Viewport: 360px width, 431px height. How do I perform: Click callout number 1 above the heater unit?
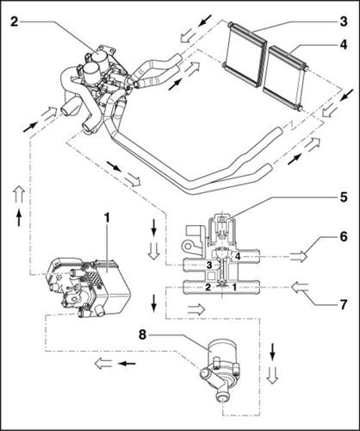[x=107, y=218]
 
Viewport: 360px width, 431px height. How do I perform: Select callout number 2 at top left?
[x=15, y=22]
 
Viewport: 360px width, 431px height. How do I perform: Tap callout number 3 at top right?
[x=344, y=22]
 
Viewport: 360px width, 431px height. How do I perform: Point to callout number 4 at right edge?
[x=344, y=45]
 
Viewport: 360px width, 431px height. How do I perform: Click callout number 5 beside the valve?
[x=344, y=197]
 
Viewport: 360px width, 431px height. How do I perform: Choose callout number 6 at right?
[x=344, y=237]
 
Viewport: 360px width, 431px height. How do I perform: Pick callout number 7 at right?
[x=344, y=305]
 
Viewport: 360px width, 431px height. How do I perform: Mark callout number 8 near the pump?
[x=142, y=334]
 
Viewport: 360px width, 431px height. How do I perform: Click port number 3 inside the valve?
[x=209, y=265]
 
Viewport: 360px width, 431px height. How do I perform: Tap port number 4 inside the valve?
[x=238, y=256]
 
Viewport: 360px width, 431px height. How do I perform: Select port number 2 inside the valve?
[x=208, y=286]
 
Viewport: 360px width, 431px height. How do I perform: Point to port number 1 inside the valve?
[x=234, y=286]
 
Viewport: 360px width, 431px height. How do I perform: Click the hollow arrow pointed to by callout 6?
[x=299, y=256]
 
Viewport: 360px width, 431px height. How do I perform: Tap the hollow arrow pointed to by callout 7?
[x=300, y=287]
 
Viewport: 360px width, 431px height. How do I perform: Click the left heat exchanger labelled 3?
[x=245, y=53]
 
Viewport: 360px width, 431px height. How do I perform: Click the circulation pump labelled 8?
[x=219, y=367]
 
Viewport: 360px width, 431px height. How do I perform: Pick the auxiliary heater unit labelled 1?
[x=89, y=287]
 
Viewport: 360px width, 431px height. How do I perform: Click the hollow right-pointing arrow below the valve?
[x=196, y=309]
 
